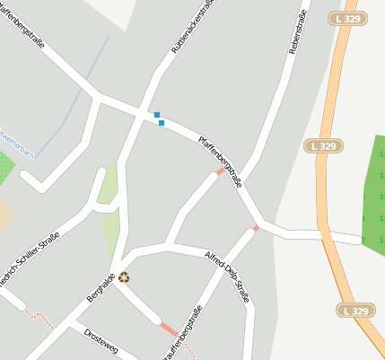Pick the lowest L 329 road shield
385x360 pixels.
(x=355, y=310)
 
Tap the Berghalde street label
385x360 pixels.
(x=101, y=288)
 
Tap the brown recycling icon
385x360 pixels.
(x=124, y=277)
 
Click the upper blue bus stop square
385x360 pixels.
(x=157, y=115)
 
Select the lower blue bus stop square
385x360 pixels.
(x=162, y=123)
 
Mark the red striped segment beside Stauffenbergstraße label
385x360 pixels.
(x=168, y=329)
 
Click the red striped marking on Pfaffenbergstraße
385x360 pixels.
(x=220, y=171)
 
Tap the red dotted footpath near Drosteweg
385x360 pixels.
(x=41, y=318)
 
